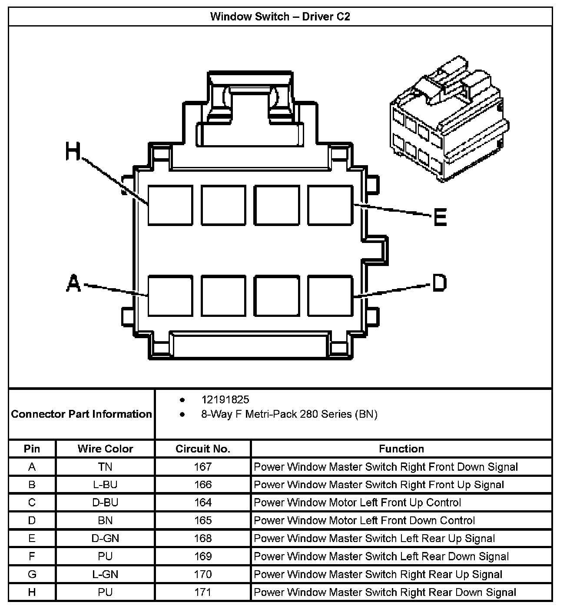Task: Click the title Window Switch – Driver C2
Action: (x=280, y=17)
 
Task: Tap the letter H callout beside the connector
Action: (x=73, y=152)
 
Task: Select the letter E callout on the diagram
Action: (x=440, y=217)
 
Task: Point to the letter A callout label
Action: (x=74, y=284)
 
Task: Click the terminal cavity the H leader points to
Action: (x=170, y=205)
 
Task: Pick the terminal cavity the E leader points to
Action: (x=330, y=205)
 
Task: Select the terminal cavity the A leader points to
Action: (x=170, y=296)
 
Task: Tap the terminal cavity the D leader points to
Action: (x=330, y=296)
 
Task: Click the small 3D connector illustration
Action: (x=447, y=120)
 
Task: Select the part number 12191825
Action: (x=225, y=399)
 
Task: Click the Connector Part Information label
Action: (x=82, y=414)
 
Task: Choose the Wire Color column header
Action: (x=105, y=449)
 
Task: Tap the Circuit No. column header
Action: (x=203, y=449)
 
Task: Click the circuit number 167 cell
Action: (x=203, y=467)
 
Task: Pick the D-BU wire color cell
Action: (x=105, y=502)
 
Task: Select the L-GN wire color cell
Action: (x=105, y=574)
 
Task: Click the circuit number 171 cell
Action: (x=203, y=592)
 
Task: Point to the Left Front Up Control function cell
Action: (x=357, y=502)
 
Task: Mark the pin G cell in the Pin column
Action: (x=32, y=574)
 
